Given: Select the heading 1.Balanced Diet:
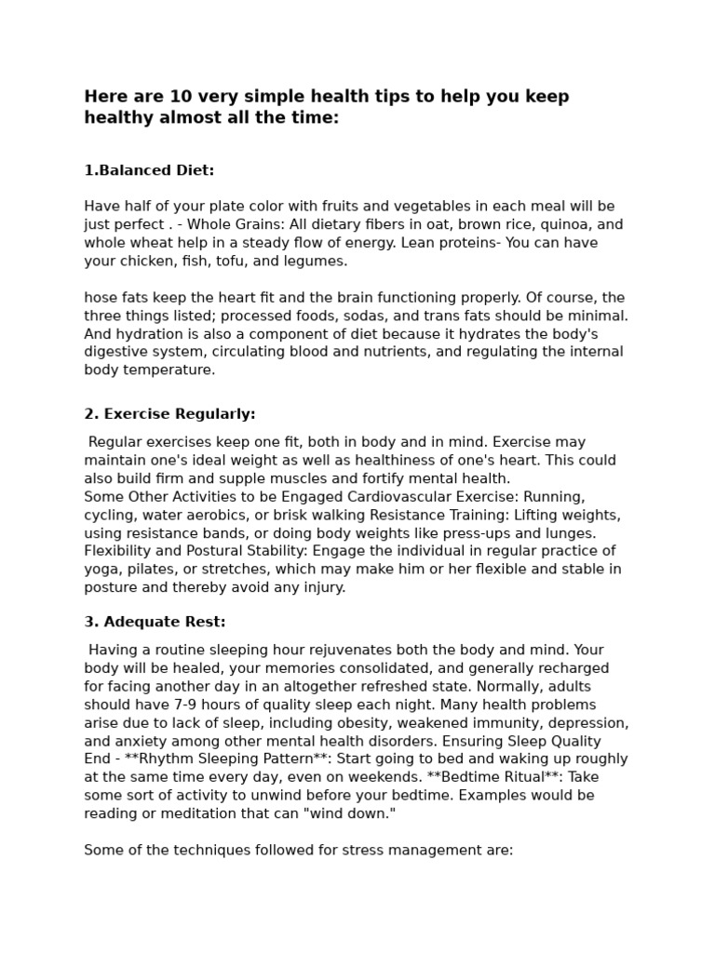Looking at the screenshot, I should click(149, 170).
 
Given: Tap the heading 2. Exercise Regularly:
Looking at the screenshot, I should click(169, 414).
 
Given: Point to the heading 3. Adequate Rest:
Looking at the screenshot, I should click(155, 622).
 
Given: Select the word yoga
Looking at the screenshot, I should click(101, 569).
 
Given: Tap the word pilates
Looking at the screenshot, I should click(154, 569).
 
